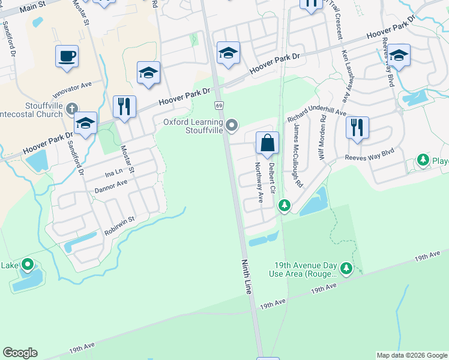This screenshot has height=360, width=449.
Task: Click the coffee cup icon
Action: coord(67,56)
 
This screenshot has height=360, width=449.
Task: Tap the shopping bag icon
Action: coord(267,143)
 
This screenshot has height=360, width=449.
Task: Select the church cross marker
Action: coord(71,109)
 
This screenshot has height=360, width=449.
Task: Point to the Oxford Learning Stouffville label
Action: coord(193,126)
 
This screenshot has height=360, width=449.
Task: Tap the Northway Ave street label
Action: coord(259,182)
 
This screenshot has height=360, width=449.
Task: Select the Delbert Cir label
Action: coord(271,178)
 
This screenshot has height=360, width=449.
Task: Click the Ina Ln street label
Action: coord(113,173)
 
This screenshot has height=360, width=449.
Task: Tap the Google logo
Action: coord(20,353)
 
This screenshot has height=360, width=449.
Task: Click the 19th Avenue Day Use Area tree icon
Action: coord(346,269)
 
